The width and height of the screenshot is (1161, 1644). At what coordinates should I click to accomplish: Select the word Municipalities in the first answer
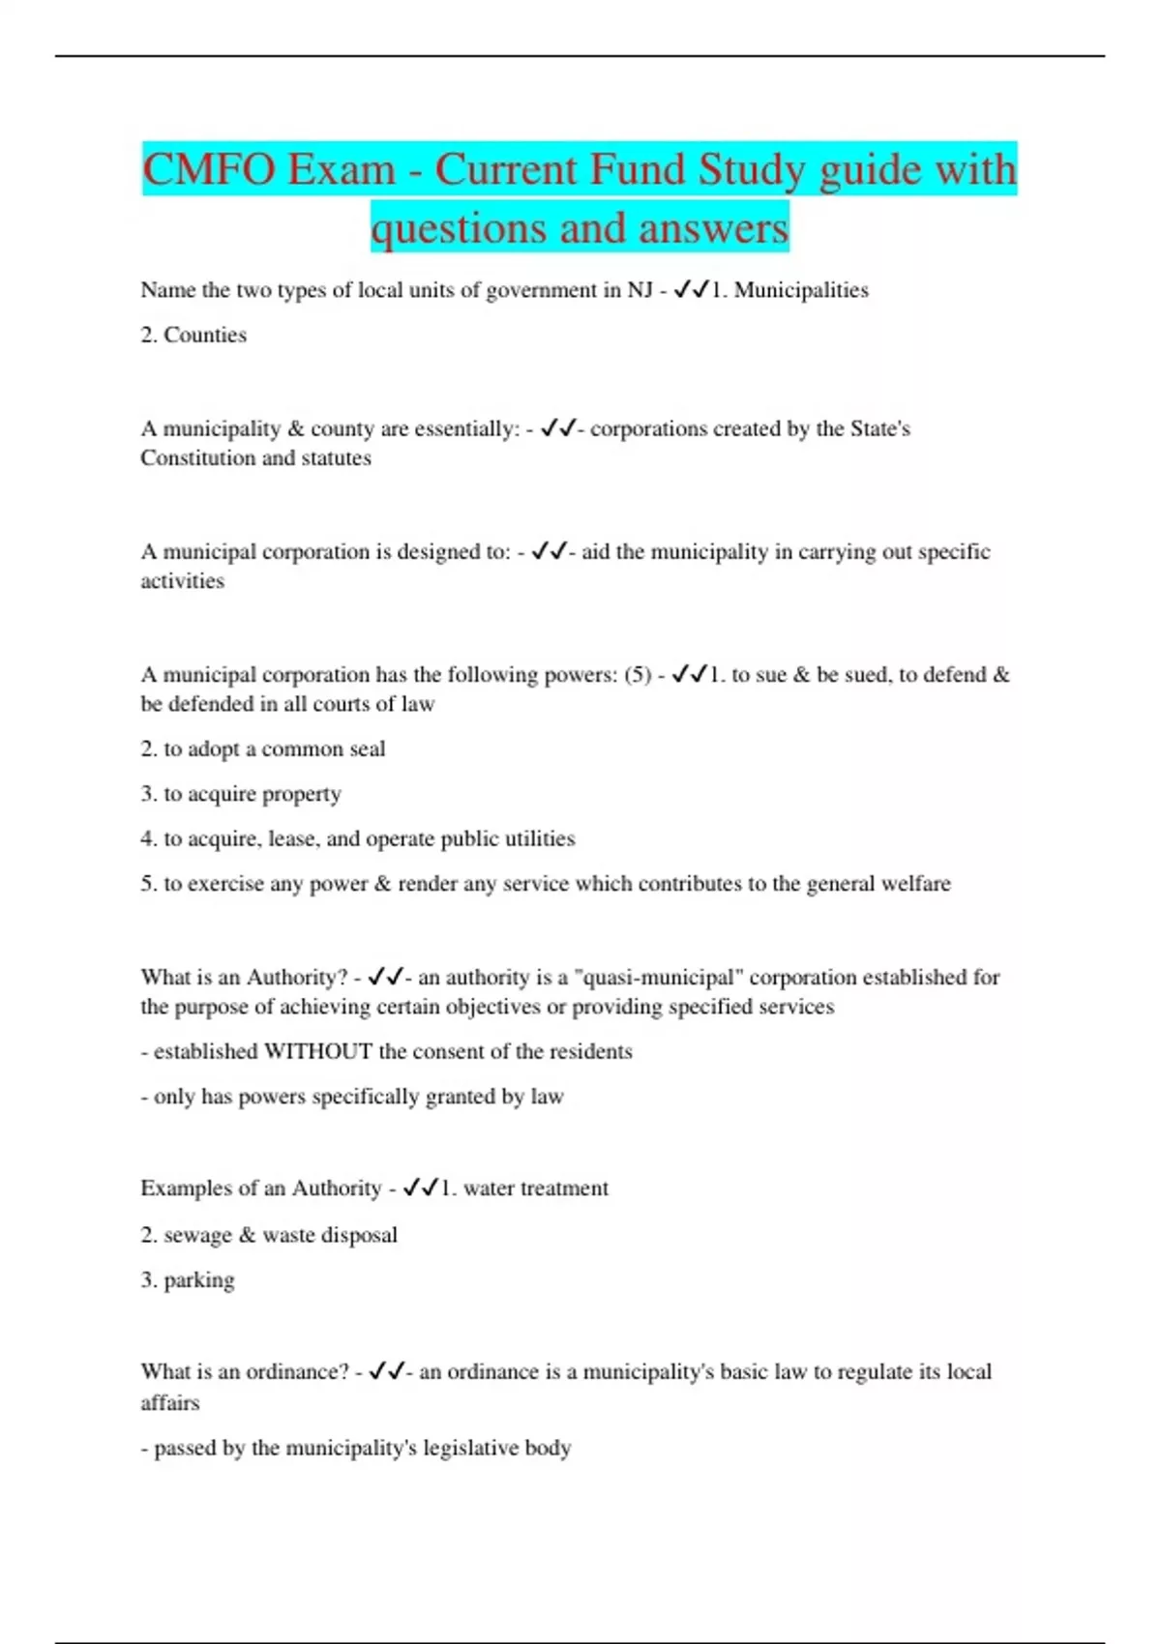(x=801, y=290)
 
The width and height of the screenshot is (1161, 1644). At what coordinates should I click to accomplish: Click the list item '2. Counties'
(x=193, y=335)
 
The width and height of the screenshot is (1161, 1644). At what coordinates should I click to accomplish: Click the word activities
(x=182, y=580)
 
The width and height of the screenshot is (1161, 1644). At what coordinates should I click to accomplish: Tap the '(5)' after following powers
(x=637, y=674)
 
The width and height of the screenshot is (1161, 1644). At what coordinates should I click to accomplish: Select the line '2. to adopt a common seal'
(x=262, y=749)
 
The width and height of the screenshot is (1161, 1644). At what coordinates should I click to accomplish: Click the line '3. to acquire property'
(x=241, y=794)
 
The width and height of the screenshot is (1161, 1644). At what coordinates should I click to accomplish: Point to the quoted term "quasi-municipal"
(x=659, y=977)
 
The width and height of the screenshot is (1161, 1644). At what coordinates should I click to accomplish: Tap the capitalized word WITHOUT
(x=317, y=1051)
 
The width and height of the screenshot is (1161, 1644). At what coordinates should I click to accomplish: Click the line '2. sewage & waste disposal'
(x=269, y=1235)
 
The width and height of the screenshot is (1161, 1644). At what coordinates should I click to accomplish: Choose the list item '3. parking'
(x=188, y=1279)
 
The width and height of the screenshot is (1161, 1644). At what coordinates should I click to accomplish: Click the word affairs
(x=169, y=1402)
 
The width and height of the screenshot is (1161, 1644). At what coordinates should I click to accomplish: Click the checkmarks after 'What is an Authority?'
(x=386, y=977)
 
